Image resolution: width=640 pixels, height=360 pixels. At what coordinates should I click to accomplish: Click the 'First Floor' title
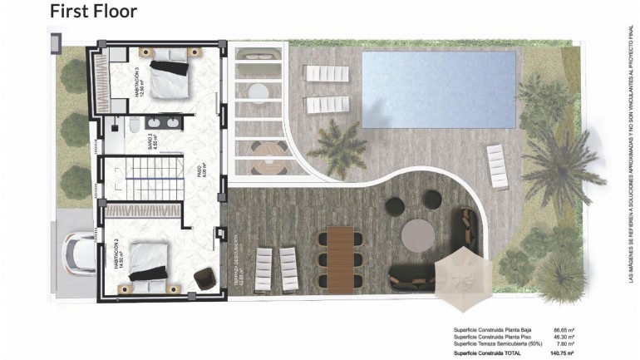(x=93, y=12)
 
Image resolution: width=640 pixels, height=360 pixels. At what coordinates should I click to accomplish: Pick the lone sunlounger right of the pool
(x=496, y=155)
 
